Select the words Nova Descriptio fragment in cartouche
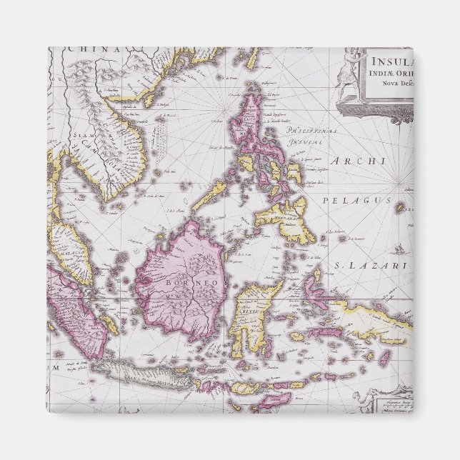(x=397, y=82)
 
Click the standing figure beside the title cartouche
(x=348, y=76)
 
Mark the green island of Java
(x=143, y=371)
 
